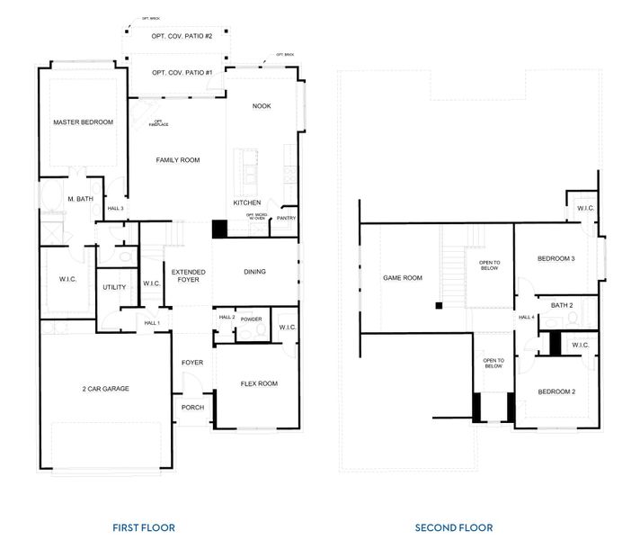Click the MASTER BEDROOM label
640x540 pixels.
83,122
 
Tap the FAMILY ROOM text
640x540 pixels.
178,160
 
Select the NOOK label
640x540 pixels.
262,106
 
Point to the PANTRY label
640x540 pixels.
286,218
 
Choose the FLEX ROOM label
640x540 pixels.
259,383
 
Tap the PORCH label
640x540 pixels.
192,408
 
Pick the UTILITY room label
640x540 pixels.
114,287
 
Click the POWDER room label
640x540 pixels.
251,318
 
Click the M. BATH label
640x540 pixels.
80,199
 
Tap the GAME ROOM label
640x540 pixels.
403,278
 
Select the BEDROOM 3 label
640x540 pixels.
556,259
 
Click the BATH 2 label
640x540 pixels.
562,306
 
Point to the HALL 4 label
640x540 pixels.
527,318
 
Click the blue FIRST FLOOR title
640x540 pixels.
144,527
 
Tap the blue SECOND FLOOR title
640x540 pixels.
453,527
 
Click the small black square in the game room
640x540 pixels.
438,307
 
